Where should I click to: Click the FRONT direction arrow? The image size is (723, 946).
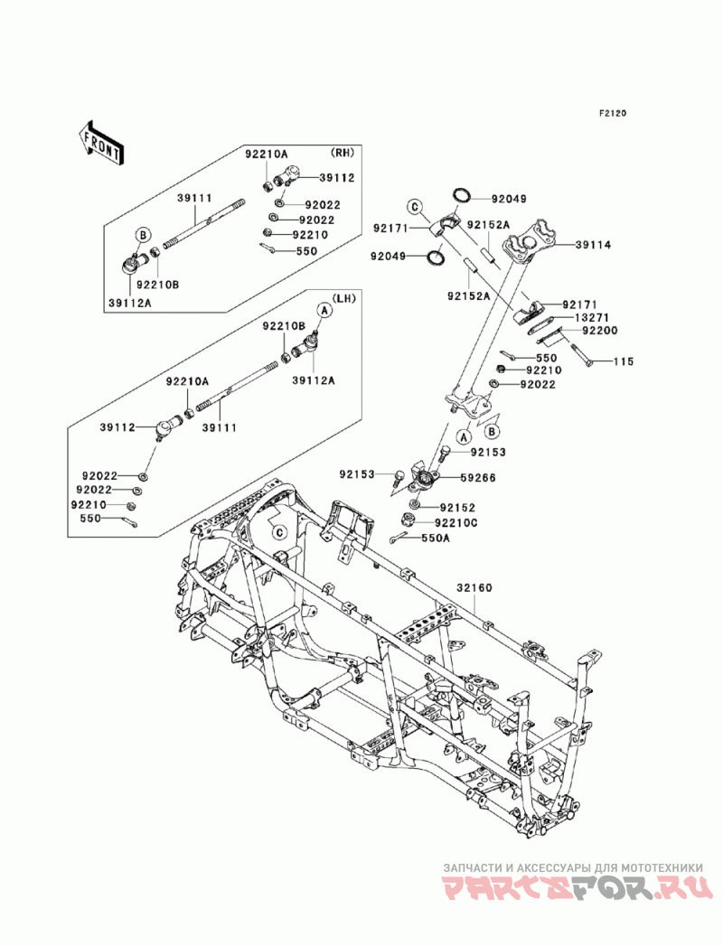click(101, 143)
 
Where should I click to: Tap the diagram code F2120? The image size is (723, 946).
click(613, 113)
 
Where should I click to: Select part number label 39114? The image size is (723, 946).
click(593, 245)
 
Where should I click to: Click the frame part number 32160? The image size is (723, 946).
click(474, 587)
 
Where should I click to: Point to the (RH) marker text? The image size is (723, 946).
click(343, 153)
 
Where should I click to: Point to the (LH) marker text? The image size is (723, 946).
click(344, 298)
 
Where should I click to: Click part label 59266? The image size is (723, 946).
click(478, 478)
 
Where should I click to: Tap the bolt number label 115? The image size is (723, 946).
click(624, 361)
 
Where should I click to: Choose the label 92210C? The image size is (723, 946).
click(457, 522)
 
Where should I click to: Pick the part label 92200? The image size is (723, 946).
click(600, 331)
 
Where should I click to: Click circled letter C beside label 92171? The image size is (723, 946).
click(415, 207)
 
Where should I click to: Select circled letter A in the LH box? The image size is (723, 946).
click(324, 310)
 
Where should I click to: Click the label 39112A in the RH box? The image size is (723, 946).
click(131, 303)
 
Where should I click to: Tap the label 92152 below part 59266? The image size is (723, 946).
click(457, 508)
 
